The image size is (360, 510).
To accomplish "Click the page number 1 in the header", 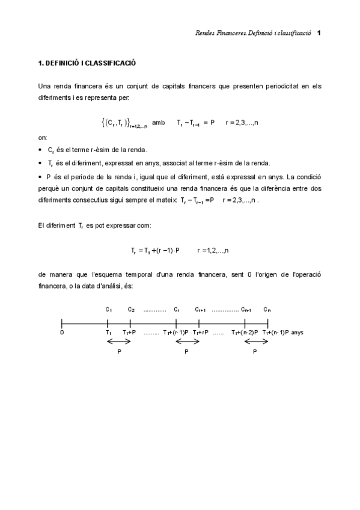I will (x=319, y=32).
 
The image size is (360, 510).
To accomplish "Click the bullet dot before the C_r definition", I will (x=40, y=150).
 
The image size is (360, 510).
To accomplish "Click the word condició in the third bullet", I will (x=308, y=177).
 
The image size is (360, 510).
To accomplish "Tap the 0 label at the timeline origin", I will (x=62, y=331).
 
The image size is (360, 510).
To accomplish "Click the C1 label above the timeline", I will (x=109, y=309).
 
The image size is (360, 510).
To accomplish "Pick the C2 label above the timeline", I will (x=131, y=309).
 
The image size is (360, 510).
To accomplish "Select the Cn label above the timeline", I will (x=267, y=309).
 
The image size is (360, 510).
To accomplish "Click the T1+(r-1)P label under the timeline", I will (x=175, y=332).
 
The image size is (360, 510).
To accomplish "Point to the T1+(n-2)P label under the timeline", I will (x=245, y=332).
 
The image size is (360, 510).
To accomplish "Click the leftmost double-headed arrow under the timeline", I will (x=119, y=342).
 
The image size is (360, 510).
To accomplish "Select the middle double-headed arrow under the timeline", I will (x=187, y=342).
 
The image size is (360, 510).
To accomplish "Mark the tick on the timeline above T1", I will (x=107, y=323).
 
